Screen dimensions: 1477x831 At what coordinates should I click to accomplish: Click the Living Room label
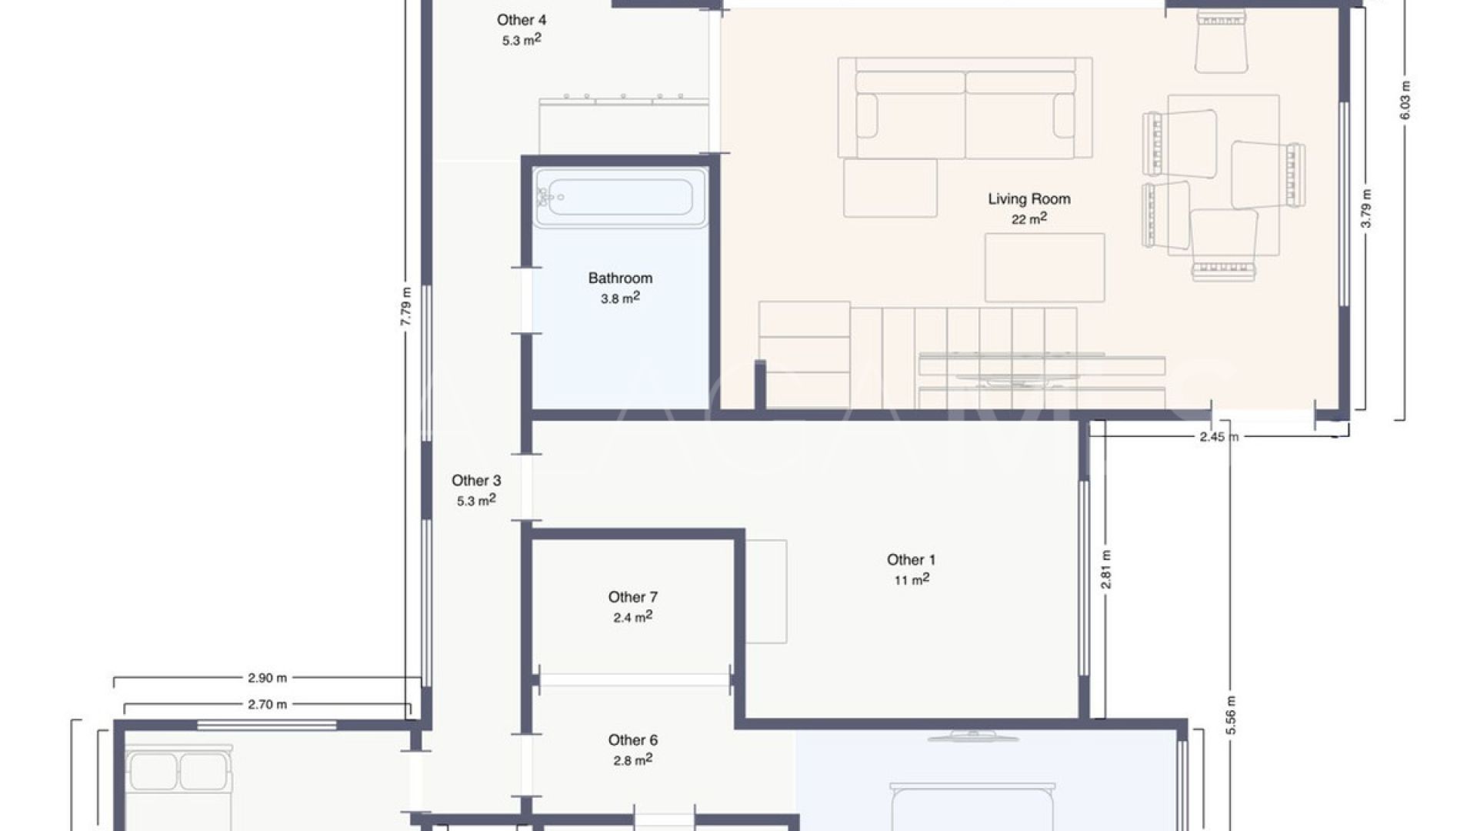click(x=1029, y=199)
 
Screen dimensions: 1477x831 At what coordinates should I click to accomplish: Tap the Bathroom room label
click(x=620, y=278)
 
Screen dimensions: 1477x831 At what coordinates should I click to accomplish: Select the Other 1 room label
click(x=911, y=559)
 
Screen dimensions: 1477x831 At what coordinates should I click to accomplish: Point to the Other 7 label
click(x=632, y=596)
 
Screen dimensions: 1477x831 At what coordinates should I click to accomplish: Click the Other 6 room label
click(x=632, y=739)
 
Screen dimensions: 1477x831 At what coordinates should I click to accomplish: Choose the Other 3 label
click(x=476, y=480)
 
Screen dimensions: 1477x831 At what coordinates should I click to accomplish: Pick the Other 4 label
click(x=522, y=20)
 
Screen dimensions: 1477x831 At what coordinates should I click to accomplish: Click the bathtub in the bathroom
click(x=621, y=197)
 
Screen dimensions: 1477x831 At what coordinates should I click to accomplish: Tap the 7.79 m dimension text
click(x=406, y=306)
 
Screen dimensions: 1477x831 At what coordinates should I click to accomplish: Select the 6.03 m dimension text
click(x=1405, y=100)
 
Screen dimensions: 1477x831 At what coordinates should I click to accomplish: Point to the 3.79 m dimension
click(x=1366, y=209)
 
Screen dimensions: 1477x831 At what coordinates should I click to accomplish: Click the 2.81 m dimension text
click(x=1106, y=569)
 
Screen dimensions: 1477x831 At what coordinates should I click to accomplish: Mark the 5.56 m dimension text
click(x=1231, y=715)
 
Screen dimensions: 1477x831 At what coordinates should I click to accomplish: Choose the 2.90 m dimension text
click(x=267, y=678)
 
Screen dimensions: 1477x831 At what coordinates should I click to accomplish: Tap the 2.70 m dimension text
click(x=267, y=703)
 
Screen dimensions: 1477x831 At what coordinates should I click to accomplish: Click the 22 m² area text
click(x=1029, y=219)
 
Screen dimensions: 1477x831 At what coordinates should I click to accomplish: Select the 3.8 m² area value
click(x=620, y=298)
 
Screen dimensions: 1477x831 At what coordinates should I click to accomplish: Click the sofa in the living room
click(x=965, y=108)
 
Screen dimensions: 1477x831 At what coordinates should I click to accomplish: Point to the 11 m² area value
click(x=912, y=579)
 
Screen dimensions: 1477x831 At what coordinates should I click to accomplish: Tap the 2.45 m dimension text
click(x=1219, y=436)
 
